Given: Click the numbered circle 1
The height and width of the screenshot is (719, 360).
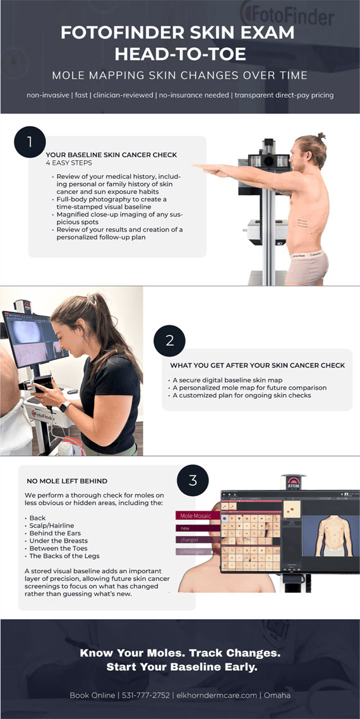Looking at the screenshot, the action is click(30, 142).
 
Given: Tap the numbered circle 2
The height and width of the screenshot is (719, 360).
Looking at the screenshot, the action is click(170, 341).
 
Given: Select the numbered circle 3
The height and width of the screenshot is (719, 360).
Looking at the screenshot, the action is click(193, 480).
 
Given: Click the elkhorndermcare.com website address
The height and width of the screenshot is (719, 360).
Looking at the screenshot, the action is click(216, 695).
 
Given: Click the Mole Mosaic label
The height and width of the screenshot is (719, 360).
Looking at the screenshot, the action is click(196, 516).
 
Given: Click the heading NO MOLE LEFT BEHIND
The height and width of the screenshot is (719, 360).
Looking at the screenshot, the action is click(67, 481).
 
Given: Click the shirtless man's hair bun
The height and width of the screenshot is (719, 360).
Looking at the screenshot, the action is click(321, 136).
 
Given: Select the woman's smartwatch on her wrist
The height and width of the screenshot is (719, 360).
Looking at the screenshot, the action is click(64, 407).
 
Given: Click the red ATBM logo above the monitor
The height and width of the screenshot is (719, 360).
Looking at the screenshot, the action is click(293, 480).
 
